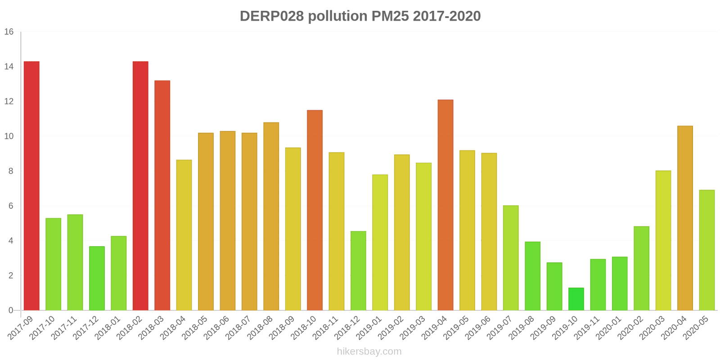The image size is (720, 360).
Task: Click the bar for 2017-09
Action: click(31, 186)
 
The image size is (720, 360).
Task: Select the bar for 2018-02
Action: click(140, 186)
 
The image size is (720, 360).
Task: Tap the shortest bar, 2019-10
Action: click(576, 299)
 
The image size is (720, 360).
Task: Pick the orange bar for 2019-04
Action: click(445, 205)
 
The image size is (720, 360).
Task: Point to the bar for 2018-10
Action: click(315, 210)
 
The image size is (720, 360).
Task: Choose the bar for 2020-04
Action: click(685, 218)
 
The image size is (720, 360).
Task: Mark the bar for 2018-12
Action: click(358, 271)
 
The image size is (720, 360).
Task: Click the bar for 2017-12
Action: click(97, 278)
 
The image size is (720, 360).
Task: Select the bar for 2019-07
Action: click(511, 258)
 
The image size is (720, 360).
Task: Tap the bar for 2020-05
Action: click(706, 250)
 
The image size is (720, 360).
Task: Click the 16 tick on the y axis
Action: click(9, 32)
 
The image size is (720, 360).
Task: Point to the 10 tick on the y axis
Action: click(9, 136)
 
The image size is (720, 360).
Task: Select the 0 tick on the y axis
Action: click(11, 310)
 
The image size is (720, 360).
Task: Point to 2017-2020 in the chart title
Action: click(446, 16)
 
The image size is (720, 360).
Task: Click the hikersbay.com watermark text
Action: click(369, 351)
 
